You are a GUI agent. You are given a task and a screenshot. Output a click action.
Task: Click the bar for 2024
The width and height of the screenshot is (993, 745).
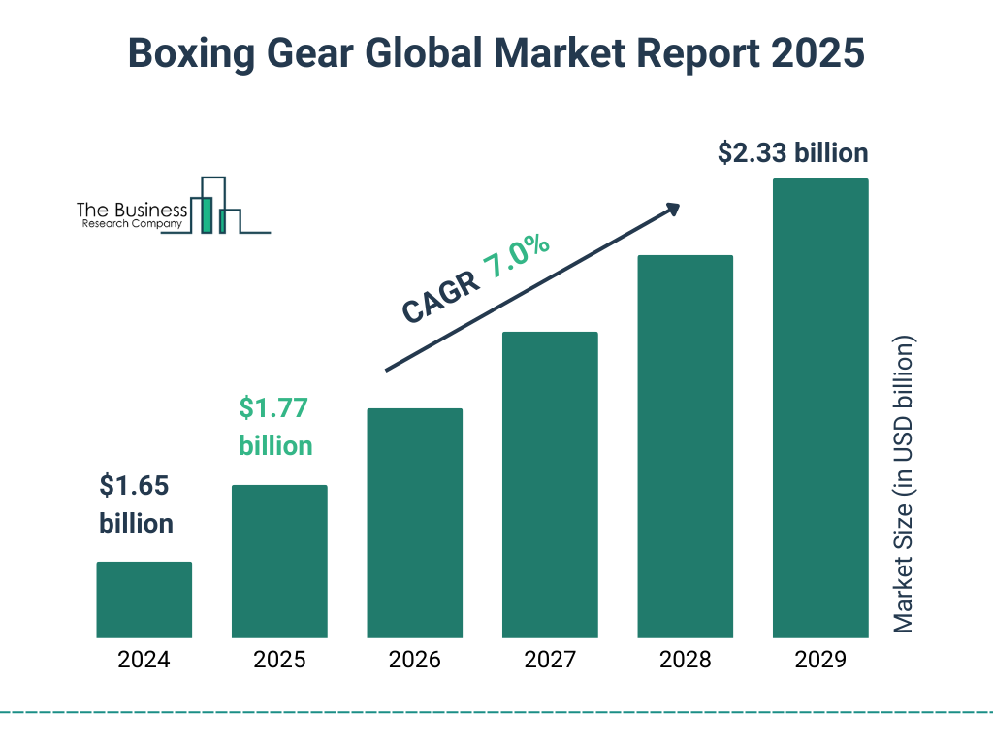[144, 599]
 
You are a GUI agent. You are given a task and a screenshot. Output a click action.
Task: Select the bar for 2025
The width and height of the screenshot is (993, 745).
[279, 561]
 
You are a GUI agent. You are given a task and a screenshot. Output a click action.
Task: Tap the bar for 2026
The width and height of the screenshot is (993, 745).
[414, 523]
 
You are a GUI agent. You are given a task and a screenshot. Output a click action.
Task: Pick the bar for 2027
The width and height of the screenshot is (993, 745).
[550, 485]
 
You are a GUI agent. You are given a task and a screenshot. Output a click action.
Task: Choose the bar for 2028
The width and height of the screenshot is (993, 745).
[685, 446]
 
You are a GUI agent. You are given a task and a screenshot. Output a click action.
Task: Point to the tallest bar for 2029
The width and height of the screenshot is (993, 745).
[820, 408]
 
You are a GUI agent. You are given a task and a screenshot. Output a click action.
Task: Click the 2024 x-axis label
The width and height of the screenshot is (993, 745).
[144, 661]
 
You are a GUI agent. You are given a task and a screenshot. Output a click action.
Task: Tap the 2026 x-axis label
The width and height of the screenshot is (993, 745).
[414, 661]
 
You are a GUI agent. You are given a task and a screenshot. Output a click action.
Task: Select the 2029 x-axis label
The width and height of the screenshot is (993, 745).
[820, 661]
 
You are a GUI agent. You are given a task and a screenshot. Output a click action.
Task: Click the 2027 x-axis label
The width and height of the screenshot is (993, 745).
[550, 661]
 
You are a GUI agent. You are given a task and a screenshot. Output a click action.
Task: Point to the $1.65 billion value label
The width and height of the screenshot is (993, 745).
[136, 504]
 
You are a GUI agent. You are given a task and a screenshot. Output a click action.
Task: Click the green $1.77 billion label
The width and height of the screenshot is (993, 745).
[275, 427]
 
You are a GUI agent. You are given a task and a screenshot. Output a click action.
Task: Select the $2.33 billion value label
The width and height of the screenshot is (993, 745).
[792, 153]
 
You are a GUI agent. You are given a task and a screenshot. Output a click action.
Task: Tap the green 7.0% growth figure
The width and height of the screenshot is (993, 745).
[517, 258]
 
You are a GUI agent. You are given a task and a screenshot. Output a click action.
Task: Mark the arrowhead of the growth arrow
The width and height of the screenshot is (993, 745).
[672, 209]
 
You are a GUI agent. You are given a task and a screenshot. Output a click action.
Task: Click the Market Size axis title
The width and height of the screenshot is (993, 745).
[904, 485]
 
